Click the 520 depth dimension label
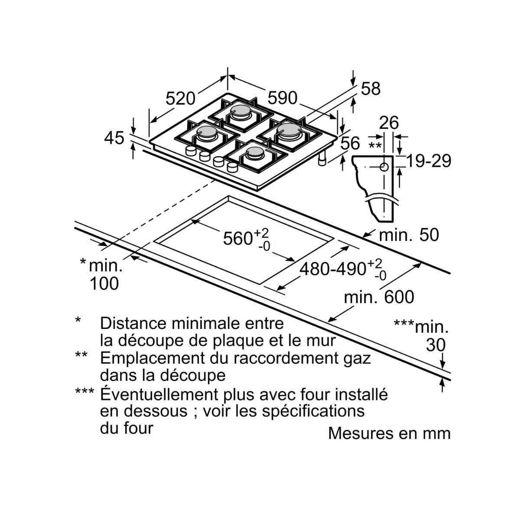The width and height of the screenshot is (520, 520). [181, 99]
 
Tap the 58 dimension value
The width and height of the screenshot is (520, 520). [370, 89]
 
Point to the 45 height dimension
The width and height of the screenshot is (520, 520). [114, 138]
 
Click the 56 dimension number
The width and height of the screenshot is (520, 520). [350, 143]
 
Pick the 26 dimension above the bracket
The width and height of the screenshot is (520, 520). [389, 123]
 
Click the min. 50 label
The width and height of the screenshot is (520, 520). [409, 235]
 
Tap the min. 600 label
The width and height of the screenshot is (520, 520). [379, 297]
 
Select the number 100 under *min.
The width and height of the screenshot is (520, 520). [104, 284]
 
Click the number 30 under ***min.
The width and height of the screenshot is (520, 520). [435, 345]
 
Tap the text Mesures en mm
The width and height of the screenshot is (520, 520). [389, 433]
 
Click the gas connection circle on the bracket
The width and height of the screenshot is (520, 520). [384, 167]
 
